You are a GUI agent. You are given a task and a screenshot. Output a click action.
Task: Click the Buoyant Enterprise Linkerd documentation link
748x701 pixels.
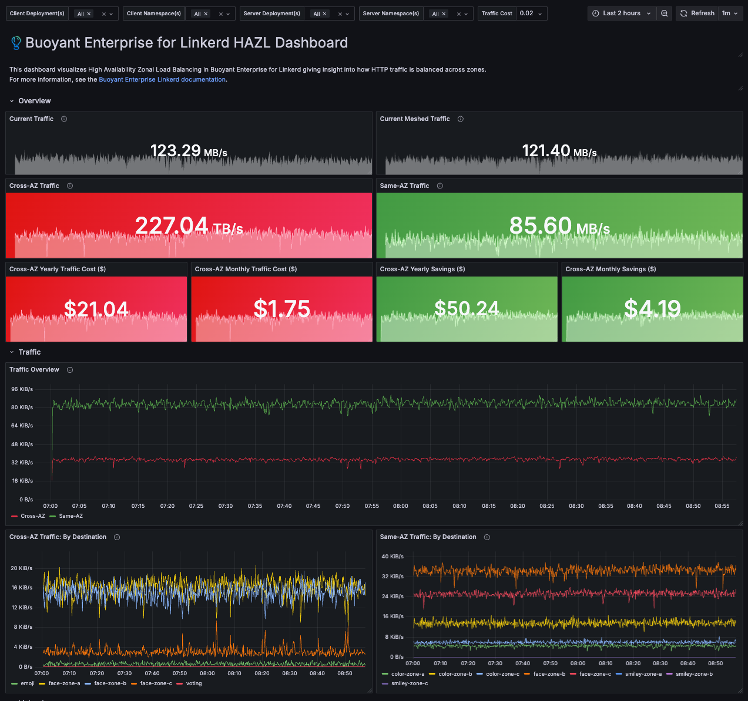click(x=162, y=79)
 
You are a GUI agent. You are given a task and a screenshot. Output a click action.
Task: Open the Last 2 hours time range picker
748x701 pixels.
click(x=622, y=14)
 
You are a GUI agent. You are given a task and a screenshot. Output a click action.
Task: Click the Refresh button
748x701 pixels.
click(x=697, y=14)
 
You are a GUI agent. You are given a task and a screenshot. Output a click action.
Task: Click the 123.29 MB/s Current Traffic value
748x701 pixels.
click(x=188, y=151)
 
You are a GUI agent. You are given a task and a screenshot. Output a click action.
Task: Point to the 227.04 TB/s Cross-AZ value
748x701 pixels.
click(x=189, y=226)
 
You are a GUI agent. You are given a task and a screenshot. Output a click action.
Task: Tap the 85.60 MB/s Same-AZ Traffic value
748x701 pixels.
click(x=559, y=226)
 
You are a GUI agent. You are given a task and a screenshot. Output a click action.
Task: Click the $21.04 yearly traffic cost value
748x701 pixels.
click(x=96, y=309)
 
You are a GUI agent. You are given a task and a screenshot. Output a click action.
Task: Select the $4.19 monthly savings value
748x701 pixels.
click(x=652, y=309)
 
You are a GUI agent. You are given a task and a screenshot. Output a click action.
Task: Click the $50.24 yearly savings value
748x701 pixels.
click(x=467, y=309)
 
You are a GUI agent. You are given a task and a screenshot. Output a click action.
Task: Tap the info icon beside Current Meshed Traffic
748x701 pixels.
click(x=460, y=119)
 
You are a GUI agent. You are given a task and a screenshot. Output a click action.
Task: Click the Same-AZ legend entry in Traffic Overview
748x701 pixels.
click(x=66, y=516)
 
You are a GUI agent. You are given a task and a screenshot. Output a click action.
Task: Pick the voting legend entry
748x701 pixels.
click(x=189, y=683)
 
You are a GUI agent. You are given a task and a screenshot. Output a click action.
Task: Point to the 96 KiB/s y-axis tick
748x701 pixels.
click(x=22, y=389)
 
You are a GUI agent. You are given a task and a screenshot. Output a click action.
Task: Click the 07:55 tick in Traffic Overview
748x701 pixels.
click(x=372, y=506)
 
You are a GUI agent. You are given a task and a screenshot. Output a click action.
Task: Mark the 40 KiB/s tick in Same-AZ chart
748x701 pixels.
click(x=393, y=557)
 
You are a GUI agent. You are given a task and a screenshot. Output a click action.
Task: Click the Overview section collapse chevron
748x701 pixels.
click(x=12, y=101)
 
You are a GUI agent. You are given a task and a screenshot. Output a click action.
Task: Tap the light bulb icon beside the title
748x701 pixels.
click(x=16, y=43)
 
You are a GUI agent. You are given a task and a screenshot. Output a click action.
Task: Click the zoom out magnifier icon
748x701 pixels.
click(x=665, y=14)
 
